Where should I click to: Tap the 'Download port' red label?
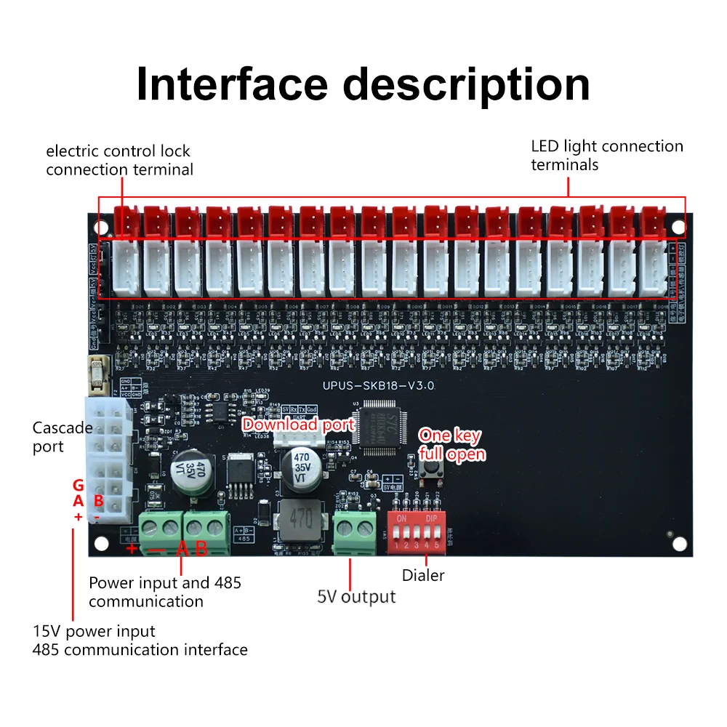pyautogui.click(x=298, y=425)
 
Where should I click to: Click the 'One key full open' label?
pyautogui.click(x=451, y=445)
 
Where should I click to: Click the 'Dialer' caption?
pyautogui.click(x=423, y=575)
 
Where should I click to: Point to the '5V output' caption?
pyautogui.click(x=356, y=597)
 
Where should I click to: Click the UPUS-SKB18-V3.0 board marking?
pyautogui.click(x=378, y=387)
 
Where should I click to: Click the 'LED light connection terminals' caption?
pyautogui.click(x=606, y=155)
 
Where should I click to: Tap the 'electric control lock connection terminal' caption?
pyautogui.click(x=119, y=160)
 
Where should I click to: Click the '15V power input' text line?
pyautogui.click(x=94, y=631)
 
